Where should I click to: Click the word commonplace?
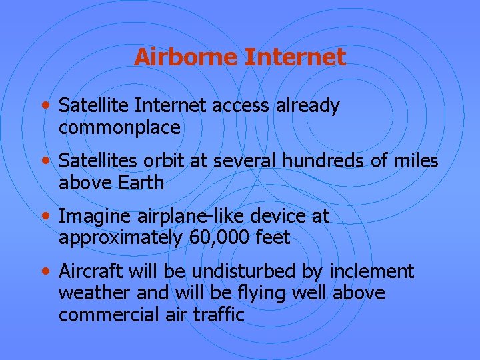pyautogui.click(x=119, y=127)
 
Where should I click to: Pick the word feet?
pyautogui.click(x=273, y=238)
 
